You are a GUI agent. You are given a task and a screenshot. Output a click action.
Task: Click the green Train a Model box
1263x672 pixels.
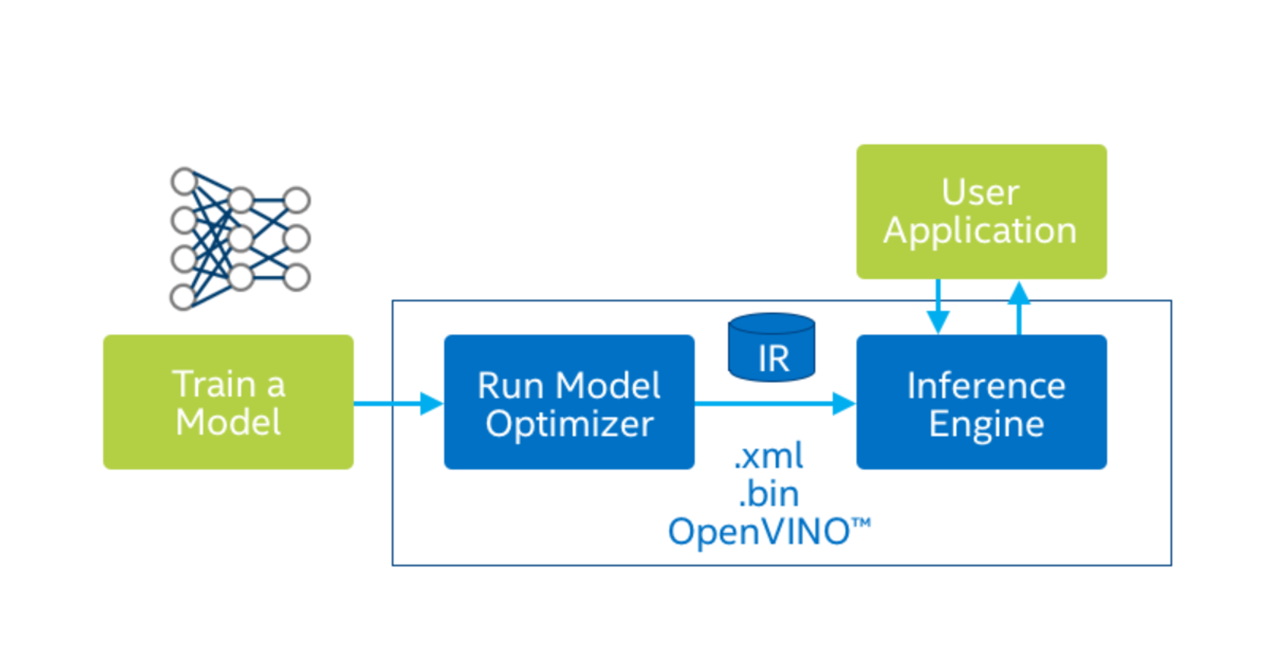click(x=228, y=402)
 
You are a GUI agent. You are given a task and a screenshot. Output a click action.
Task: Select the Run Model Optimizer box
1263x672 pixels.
click(x=569, y=402)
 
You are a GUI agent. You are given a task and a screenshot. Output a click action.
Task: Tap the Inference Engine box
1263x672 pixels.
click(x=981, y=402)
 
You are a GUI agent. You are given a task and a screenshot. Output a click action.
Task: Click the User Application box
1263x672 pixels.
click(x=981, y=211)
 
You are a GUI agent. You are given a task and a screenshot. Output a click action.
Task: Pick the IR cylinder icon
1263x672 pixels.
click(x=771, y=348)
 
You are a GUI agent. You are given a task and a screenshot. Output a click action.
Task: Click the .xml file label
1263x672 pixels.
click(x=769, y=456)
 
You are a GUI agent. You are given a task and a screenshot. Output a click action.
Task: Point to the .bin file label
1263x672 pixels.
click(x=769, y=493)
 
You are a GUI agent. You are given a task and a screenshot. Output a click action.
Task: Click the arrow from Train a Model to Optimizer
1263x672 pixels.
click(x=397, y=403)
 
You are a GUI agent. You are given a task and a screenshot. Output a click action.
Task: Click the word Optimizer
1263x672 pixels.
click(x=569, y=424)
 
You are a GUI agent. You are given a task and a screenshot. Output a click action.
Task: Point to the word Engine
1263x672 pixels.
click(x=986, y=424)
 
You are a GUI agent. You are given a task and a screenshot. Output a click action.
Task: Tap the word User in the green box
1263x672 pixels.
click(x=979, y=192)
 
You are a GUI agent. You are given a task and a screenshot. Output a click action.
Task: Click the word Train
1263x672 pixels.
click(x=214, y=384)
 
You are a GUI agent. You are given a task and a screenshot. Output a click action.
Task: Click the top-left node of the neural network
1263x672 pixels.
click(x=184, y=182)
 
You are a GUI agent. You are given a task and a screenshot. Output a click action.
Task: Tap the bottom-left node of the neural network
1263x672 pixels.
click(x=183, y=296)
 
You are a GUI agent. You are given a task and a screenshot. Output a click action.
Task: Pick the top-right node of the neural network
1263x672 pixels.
click(x=297, y=200)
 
